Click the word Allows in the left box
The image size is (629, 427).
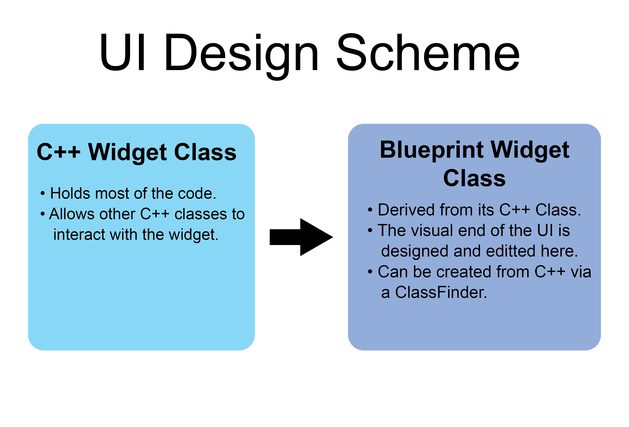click(72, 214)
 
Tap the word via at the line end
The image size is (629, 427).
click(581, 272)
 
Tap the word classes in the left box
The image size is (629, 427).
click(201, 214)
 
